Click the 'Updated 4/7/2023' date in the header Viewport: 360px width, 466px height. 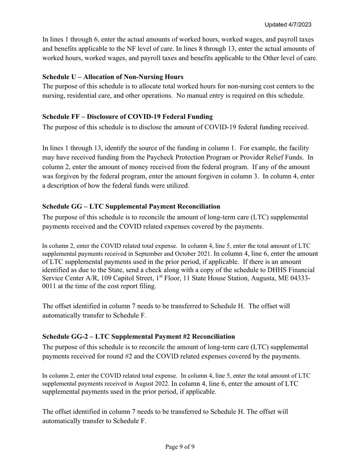pyautogui.click(x=288, y=25)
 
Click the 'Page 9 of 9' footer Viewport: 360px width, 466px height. pyautogui.click(x=180, y=447)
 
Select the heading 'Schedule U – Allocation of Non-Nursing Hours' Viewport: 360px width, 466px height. pyautogui.click(x=113, y=77)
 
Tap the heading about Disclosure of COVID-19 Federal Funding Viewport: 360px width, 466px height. pyautogui.click(x=127, y=117)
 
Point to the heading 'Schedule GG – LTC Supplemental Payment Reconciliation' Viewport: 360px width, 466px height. pyautogui.click(x=131, y=206)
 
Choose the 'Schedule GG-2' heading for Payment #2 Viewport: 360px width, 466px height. pyautogui.click(x=139, y=336)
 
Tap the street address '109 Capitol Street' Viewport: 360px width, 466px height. pyautogui.click(x=121, y=278)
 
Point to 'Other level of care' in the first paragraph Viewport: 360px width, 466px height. pyautogui.click(x=289, y=58)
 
